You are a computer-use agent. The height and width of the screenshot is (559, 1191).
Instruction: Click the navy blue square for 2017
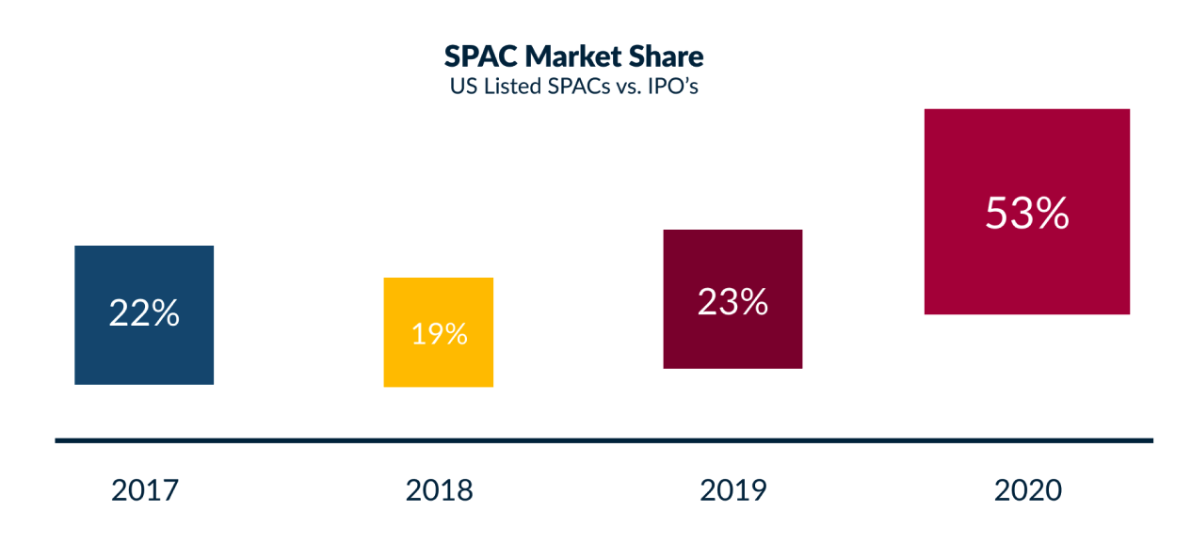[144, 273]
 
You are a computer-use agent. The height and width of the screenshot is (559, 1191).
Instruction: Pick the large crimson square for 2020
[1026, 169]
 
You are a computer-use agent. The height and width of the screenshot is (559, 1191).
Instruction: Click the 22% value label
[144, 313]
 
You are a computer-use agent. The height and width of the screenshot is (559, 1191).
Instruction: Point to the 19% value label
[439, 333]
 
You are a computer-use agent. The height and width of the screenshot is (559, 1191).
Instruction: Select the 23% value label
[732, 301]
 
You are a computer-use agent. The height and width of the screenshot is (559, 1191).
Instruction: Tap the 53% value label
[1026, 214]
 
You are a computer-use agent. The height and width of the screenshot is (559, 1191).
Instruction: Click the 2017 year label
[145, 490]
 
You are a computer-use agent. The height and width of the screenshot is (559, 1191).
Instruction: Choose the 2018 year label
[439, 490]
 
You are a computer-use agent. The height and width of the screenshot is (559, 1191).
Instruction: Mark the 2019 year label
[733, 490]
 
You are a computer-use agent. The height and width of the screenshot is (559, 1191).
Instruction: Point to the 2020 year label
[1027, 490]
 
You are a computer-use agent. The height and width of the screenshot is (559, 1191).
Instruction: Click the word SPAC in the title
[481, 56]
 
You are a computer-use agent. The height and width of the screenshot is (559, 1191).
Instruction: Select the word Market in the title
[580, 56]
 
